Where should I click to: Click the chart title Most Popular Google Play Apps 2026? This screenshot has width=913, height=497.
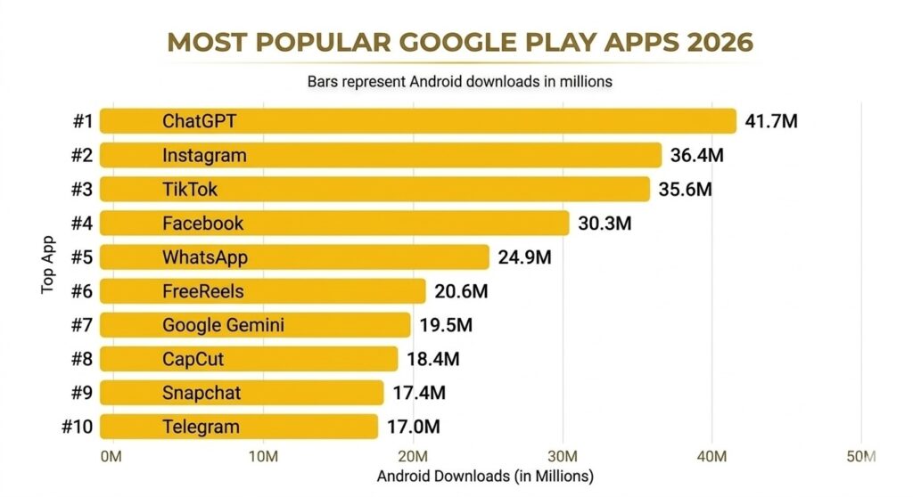click(x=459, y=42)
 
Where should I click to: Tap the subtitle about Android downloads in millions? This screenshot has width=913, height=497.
click(x=459, y=81)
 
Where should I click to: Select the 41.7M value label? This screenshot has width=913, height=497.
click(x=771, y=121)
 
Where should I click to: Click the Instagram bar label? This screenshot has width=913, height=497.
click(x=204, y=155)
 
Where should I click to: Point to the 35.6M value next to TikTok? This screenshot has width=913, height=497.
click(x=685, y=189)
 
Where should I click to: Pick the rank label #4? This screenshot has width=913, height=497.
click(x=83, y=223)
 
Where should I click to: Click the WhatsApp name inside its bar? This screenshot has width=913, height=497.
click(x=204, y=257)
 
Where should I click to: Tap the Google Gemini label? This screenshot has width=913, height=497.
click(x=223, y=325)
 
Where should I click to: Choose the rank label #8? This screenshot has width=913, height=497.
click(x=83, y=359)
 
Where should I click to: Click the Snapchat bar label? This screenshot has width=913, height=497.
click(x=202, y=393)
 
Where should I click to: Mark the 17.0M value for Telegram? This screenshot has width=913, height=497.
click(x=413, y=427)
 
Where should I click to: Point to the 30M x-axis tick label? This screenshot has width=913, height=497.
click(x=562, y=457)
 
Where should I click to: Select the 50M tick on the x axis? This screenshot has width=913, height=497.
click(x=862, y=457)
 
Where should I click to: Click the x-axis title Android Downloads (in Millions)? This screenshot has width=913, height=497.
click(x=484, y=476)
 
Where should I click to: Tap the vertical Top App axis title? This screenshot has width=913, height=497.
click(x=48, y=265)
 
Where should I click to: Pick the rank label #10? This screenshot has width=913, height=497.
click(x=78, y=427)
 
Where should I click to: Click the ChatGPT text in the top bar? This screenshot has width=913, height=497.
click(x=200, y=121)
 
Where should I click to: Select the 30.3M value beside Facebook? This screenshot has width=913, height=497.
click(x=605, y=223)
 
